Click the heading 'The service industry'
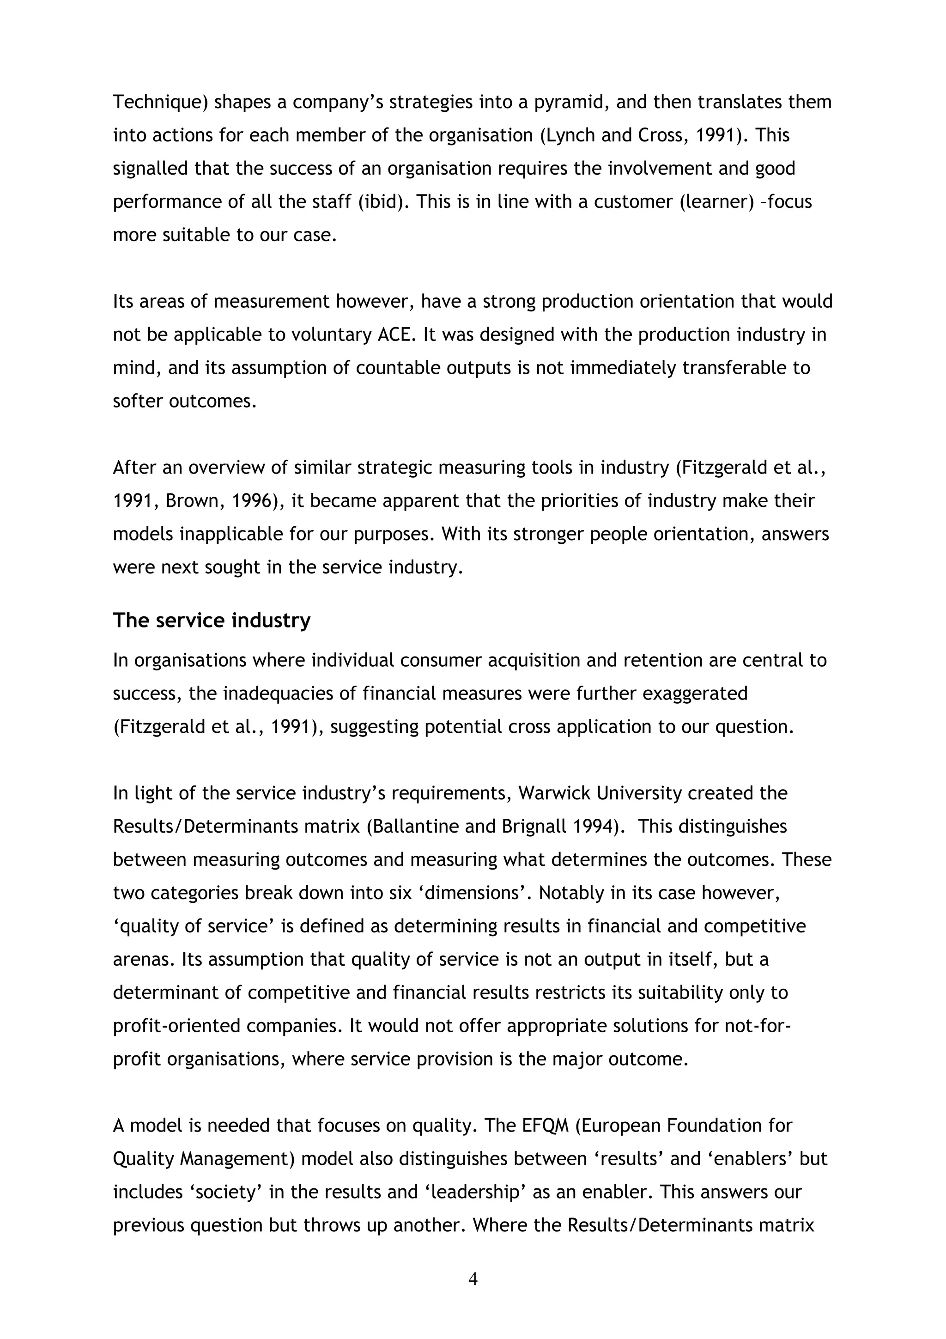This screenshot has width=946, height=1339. click(x=212, y=620)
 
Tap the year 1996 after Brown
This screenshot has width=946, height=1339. click(x=254, y=501)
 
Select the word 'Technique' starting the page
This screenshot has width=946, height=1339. click(x=160, y=102)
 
